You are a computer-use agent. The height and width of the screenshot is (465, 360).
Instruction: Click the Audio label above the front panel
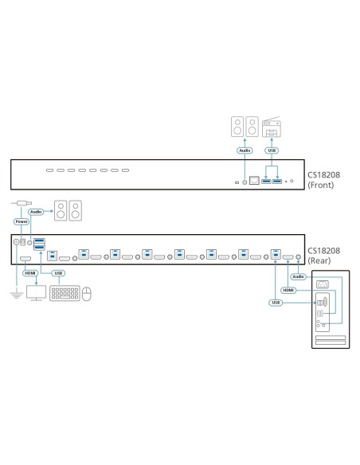click(245, 149)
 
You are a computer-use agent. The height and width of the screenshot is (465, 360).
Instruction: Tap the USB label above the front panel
click(272, 149)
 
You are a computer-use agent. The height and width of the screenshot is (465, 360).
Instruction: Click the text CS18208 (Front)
click(329, 177)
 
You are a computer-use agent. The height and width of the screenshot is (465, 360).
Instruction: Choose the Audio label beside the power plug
click(37, 213)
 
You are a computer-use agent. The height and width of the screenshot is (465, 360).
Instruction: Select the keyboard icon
click(65, 294)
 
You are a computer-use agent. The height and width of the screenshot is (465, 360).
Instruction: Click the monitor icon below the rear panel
click(37, 293)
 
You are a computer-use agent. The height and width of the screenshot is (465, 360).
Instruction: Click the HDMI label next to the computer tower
click(288, 291)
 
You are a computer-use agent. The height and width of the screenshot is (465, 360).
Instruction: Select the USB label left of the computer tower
click(276, 303)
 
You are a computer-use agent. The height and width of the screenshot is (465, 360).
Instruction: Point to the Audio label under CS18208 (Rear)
click(298, 277)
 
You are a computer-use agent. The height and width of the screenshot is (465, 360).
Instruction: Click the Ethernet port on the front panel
click(254, 182)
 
